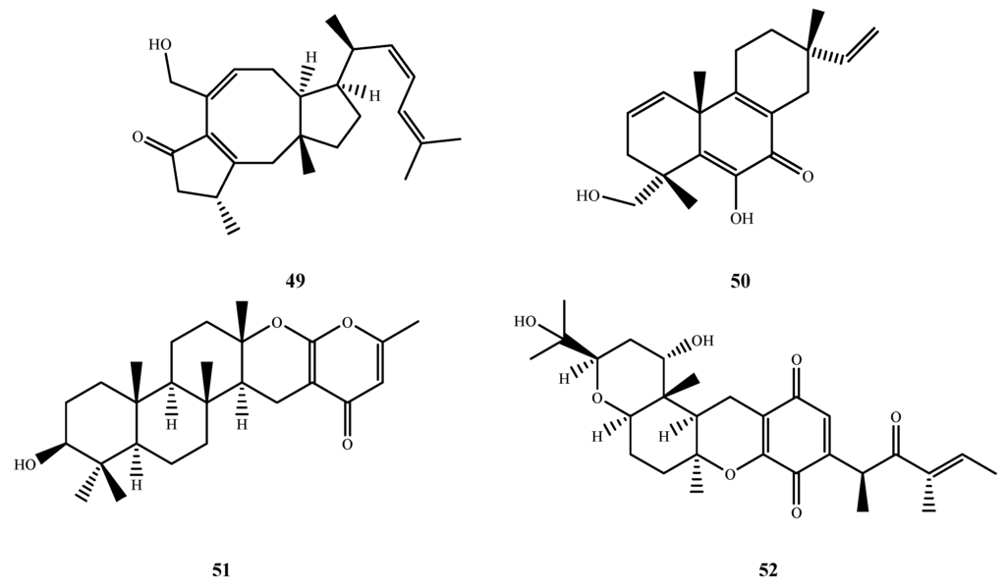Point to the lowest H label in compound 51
(x=138, y=486)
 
